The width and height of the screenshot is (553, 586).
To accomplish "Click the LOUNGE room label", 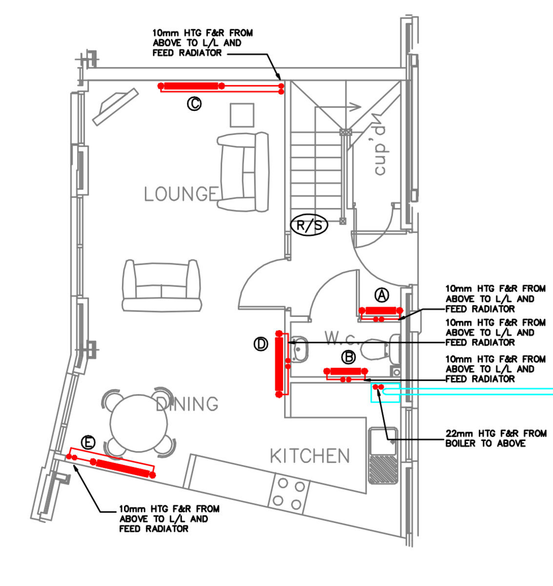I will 181,194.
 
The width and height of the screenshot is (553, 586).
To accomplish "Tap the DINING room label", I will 187,404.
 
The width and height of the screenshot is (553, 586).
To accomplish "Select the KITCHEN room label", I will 310,456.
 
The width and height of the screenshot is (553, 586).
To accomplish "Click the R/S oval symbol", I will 309,226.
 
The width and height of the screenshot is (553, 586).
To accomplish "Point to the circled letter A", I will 382,295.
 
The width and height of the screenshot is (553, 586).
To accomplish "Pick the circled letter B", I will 348,357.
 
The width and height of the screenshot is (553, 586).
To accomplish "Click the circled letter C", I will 194,104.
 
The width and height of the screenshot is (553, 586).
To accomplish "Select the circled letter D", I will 261,344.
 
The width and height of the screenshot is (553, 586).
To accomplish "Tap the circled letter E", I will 88,442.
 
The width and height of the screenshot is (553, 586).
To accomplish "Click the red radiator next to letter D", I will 279,363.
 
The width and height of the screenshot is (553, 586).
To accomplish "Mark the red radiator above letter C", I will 191,86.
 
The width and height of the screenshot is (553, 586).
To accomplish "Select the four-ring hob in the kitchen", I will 287,494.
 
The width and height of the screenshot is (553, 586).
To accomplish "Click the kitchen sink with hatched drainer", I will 383,456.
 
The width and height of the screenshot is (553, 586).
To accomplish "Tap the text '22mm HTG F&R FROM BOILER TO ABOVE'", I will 495,439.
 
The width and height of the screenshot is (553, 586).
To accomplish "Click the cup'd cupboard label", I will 380,151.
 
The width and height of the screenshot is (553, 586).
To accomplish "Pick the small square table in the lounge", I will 242,115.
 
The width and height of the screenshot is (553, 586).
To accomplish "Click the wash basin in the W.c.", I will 299,348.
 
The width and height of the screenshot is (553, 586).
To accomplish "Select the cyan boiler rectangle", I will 386,392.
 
